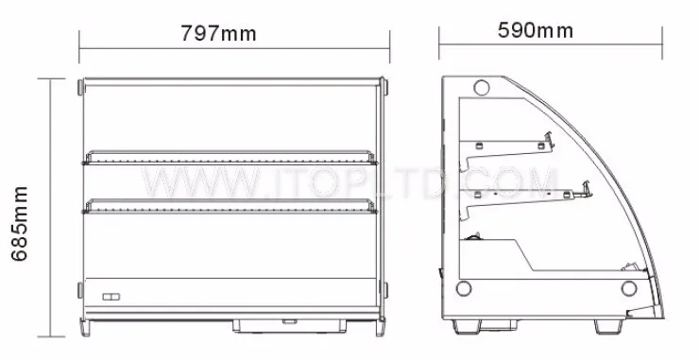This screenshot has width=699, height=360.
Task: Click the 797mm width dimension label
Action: click(218, 33)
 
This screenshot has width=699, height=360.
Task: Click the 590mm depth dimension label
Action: click(536, 30)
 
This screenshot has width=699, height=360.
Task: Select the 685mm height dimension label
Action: click(19, 224)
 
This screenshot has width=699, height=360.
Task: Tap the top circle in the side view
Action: click(482, 88)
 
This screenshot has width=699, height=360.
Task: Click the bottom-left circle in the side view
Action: click(464, 288)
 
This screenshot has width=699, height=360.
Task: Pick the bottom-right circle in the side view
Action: click(628, 288)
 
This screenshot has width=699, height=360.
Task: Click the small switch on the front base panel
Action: click(111, 297)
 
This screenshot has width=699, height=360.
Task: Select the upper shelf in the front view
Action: click(230, 158)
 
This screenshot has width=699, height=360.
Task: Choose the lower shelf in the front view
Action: click(230, 206)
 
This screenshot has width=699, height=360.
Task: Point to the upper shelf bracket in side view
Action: click(507, 151)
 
